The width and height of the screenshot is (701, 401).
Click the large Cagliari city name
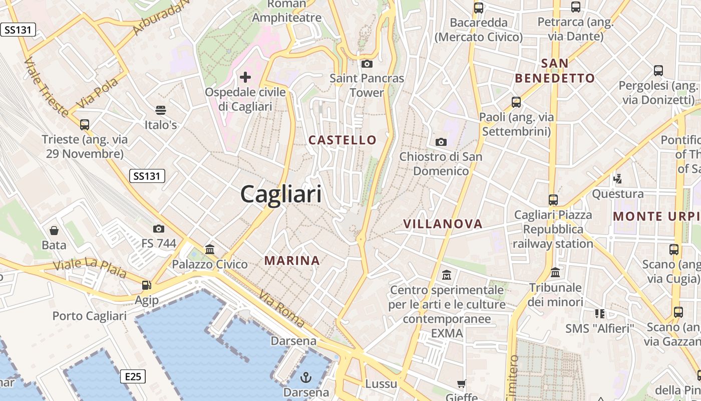281,193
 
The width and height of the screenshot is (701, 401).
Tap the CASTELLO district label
342,140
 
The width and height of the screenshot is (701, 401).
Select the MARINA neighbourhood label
292,261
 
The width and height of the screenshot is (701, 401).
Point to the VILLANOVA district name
443,224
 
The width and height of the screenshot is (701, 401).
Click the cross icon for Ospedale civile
245,77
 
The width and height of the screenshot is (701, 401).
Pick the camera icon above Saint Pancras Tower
367,64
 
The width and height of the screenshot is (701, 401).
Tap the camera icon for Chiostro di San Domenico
441,142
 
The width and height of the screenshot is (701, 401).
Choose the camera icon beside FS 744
159,229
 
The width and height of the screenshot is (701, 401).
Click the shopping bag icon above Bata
54,231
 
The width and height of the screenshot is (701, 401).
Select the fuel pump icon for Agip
146,285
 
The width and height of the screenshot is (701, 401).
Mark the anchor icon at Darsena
306,377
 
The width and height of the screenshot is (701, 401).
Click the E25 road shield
133,376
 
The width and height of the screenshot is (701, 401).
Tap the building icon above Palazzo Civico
210,249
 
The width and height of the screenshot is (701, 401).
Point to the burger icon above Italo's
161,110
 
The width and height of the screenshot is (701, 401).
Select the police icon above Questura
618,178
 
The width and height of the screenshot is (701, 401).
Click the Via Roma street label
281,310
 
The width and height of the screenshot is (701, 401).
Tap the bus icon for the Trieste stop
85,124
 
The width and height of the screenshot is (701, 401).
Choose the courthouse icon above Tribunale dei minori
555,273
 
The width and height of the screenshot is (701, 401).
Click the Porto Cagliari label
90,316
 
